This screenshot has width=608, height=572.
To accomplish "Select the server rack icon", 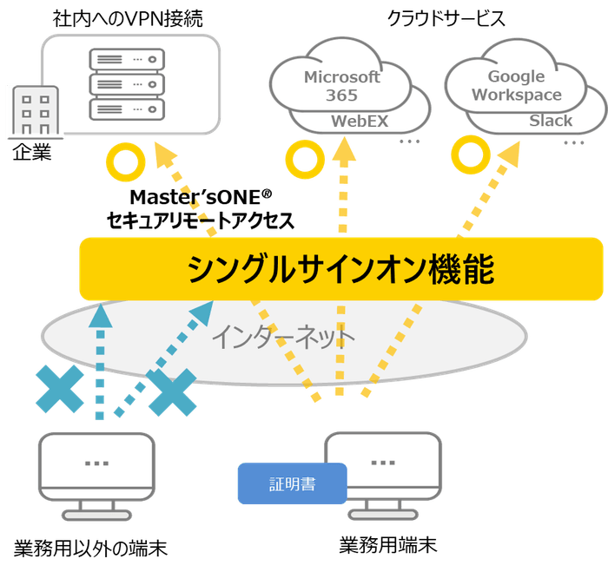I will tap(127, 85).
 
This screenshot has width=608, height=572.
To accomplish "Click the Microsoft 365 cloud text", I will tap(341, 86).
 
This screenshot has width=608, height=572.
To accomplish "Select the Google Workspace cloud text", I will tap(517, 86).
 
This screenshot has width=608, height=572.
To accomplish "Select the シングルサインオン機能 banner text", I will tap(340, 271).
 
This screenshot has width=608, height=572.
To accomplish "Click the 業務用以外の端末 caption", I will tap(90, 548).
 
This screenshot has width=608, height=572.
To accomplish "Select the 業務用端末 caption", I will tap(387, 546).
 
